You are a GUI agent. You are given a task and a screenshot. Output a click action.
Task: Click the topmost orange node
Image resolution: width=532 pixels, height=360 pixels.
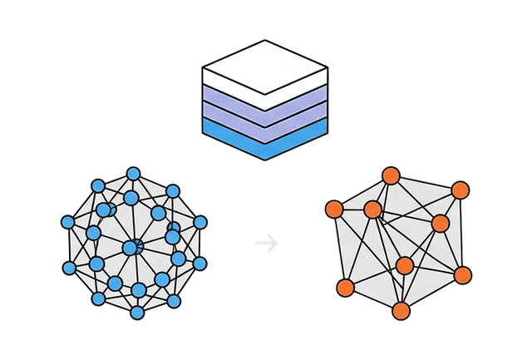click(x=391, y=175)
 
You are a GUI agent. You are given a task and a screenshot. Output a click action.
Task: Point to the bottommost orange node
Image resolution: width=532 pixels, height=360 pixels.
click(x=401, y=311)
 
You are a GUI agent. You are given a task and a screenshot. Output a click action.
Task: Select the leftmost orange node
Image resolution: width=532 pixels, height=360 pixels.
click(x=333, y=208)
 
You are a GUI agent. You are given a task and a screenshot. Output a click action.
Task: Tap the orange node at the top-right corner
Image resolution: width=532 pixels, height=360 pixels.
click(x=460, y=190)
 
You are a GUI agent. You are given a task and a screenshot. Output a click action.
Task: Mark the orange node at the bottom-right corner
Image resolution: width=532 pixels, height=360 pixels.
click(x=463, y=275)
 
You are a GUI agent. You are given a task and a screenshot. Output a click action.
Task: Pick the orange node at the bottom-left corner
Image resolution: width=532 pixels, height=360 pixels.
click(x=345, y=287)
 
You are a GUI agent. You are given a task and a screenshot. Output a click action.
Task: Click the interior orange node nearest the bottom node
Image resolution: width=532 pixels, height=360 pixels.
click(x=405, y=266)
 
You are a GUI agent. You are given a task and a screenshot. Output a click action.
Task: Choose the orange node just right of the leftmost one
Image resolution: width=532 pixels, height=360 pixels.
click(x=372, y=209)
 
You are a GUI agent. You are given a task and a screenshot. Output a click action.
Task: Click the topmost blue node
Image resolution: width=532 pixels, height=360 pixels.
click(x=133, y=173)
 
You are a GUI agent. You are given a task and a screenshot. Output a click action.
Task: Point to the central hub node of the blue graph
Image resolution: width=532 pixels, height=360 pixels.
click(x=131, y=247)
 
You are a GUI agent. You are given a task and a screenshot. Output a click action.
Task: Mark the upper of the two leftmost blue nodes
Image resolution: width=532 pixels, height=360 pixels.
click(x=68, y=222)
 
